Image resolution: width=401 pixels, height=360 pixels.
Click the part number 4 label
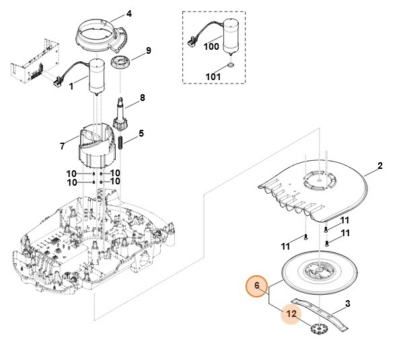pos(129,13)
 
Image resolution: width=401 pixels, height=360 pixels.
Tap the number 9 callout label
pos(149,50)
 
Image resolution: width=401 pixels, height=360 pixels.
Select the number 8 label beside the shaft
pos(142,98)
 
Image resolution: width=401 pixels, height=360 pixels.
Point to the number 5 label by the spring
pos(141,133)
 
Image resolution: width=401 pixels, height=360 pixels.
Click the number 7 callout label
pos(63,146)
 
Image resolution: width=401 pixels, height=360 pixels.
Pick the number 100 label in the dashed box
pos(211,46)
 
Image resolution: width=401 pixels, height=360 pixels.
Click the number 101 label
pos(213,77)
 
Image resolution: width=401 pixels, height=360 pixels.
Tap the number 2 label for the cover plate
pos(380,166)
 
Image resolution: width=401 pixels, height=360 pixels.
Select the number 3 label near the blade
pos(348,303)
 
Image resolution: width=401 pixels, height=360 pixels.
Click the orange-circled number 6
pos(257,285)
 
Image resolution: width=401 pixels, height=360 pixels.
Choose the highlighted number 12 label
pos(291,314)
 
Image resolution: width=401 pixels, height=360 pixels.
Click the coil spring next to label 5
pos(120,143)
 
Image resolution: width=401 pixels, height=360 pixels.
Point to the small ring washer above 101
pos(230,65)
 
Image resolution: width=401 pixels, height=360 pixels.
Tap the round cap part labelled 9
pos(120,63)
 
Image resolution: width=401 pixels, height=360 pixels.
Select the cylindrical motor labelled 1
pos(97,77)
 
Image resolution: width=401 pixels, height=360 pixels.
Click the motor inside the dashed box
pos(231,37)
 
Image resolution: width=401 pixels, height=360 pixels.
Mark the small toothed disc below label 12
pos(320,328)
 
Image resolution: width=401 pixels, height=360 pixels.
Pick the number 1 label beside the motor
pos(71,86)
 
